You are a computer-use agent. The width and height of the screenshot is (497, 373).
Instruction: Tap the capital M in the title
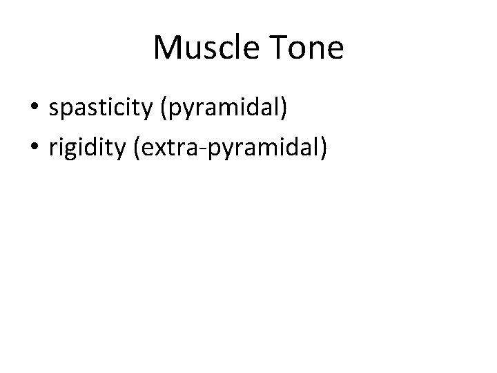166,48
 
